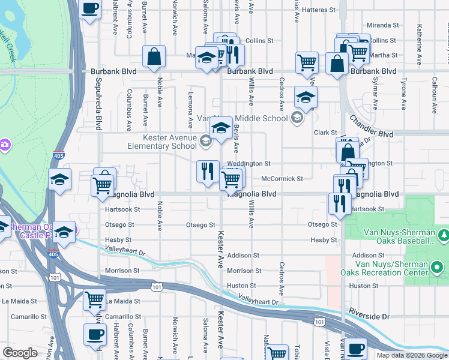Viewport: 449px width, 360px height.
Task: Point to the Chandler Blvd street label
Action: point(368,126)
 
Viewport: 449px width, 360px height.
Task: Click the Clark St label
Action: point(325,133)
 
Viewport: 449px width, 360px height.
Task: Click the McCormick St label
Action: point(282,179)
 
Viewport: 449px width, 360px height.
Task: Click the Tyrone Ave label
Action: point(404,94)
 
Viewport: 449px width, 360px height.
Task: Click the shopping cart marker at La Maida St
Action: point(94,299)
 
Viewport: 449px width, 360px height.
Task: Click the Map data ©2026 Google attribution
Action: point(412,355)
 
